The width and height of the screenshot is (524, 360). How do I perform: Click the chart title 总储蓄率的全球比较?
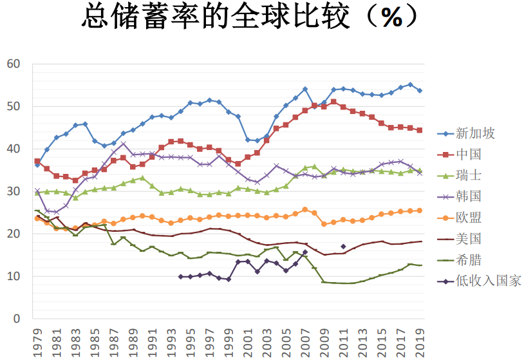point(216,16)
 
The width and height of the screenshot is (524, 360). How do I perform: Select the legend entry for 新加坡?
point(466,133)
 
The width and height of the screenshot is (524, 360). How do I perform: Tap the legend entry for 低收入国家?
point(479,281)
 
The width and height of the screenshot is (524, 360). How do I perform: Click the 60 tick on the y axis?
point(14,64)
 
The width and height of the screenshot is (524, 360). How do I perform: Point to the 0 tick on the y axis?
point(17,319)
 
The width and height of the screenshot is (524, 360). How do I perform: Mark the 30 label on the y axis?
point(14,191)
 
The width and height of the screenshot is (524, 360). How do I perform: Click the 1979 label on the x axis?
point(38,343)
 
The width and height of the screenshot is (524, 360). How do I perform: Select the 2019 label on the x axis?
point(420,343)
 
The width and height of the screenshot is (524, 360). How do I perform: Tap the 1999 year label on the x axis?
point(229,343)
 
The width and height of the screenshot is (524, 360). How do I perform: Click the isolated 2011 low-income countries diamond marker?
point(343,247)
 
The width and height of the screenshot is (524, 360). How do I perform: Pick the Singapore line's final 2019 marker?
point(420,91)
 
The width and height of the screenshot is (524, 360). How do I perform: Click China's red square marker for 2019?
point(420,130)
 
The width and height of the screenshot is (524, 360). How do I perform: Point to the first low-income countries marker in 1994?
point(181,277)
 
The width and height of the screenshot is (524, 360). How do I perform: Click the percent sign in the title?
point(391,17)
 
